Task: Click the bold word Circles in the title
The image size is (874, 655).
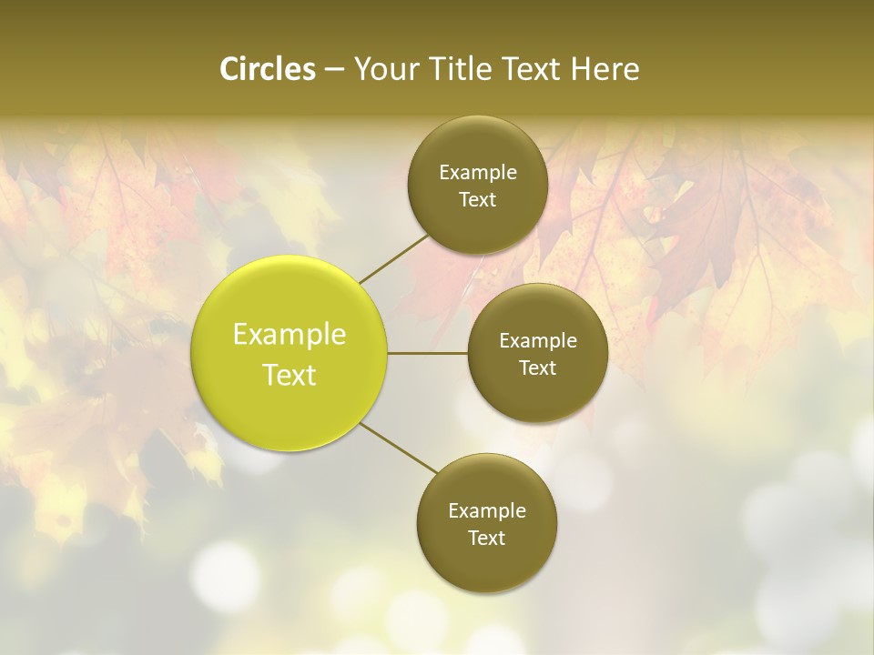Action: (x=268, y=69)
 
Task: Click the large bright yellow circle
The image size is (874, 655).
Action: (x=290, y=353)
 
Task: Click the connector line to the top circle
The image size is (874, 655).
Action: (x=393, y=257)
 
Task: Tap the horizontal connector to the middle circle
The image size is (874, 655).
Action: (x=428, y=353)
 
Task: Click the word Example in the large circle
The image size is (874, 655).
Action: (x=290, y=335)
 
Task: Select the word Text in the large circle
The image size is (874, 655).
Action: (x=290, y=375)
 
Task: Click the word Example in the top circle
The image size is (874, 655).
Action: (x=478, y=173)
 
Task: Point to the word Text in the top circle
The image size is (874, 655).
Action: (x=478, y=200)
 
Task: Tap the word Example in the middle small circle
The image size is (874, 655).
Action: (x=538, y=341)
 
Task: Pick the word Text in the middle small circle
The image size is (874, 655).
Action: (x=538, y=368)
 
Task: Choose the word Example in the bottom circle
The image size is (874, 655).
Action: (x=487, y=511)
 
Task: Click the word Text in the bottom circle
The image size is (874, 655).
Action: (x=487, y=539)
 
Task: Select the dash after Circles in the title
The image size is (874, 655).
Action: (x=334, y=70)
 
